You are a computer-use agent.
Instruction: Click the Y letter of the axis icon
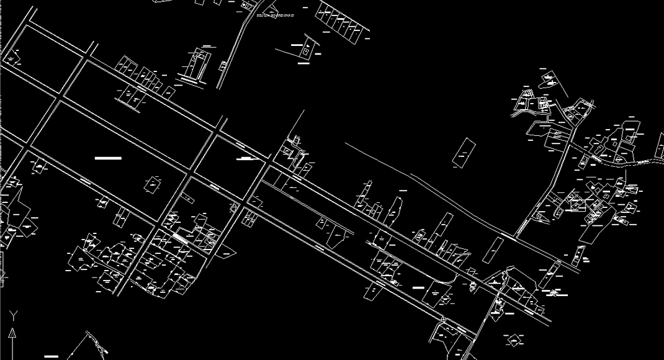(x=12, y=315)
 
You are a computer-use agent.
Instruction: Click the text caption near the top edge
(x=275, y=14)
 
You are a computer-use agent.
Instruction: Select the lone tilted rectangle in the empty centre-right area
(x=464, y=153)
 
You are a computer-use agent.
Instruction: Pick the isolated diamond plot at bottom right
(x=514, y=340)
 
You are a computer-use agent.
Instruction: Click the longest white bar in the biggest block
(x=108, y=158)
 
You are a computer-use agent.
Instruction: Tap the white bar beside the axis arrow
(x=51, y=356)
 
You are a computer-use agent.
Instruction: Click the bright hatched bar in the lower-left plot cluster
(x=180, y=237)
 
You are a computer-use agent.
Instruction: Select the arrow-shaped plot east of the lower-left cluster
(x=227, y=253)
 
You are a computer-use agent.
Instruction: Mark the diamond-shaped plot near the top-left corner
(x=12, y=60)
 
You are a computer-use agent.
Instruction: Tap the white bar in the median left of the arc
(x=418, y=287)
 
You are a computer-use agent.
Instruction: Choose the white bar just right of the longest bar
(x=247, y=158)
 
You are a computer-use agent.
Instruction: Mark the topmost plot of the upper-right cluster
(x=549, y=79)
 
